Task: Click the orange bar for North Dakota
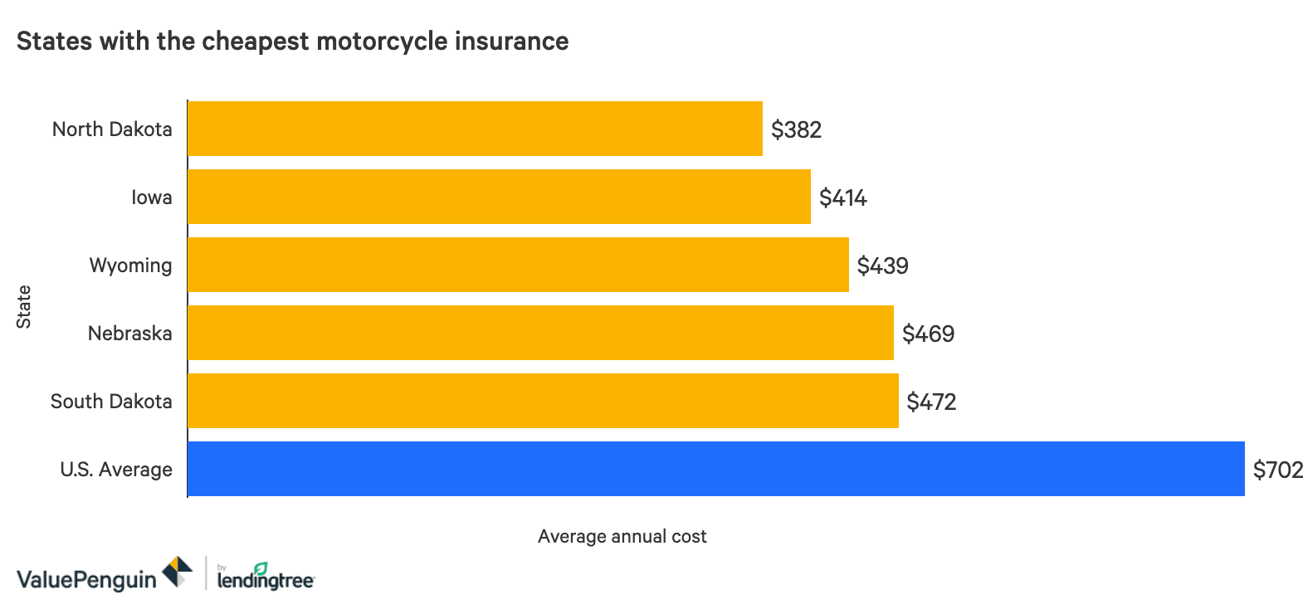click(475, 129)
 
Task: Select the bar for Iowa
click(499, 197)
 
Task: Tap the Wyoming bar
click(518, 265)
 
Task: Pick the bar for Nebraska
click(540, 333)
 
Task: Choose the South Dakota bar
click(543, 401)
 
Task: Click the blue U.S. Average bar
click(715, 469)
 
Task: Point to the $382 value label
click(796, 129)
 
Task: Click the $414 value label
click(842, 197)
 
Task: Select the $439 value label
click(882, 266)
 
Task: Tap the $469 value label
click(928, 334)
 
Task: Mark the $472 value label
click(931, 402)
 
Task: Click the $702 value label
click(1277, 470)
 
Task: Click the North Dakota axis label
click(112, 129)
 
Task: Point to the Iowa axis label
click(152, 197)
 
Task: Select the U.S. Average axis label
click(116, 470)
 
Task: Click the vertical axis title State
click(23, 306)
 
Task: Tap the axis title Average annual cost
click(622, 537)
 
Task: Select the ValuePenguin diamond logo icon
click(177, 572)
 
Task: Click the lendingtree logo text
click(266, 580)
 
